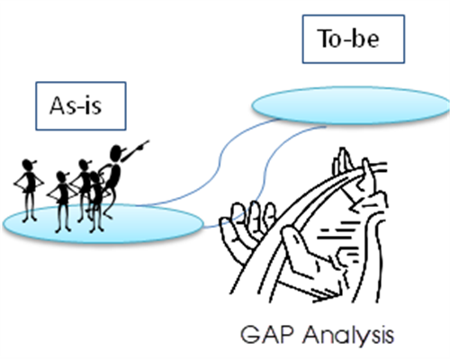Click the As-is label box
click(81, 106)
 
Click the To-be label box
click(354, 39)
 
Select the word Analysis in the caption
click(348, 335)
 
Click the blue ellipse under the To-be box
click(350, 105)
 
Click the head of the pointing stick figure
click(116, 153)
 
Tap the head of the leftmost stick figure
click(28, 165)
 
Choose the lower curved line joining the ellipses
click(265, 174)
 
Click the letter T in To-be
click(325, 39)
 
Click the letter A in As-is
click(58, 105)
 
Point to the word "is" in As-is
click(94, 105)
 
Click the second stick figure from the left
click(62, 202)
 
